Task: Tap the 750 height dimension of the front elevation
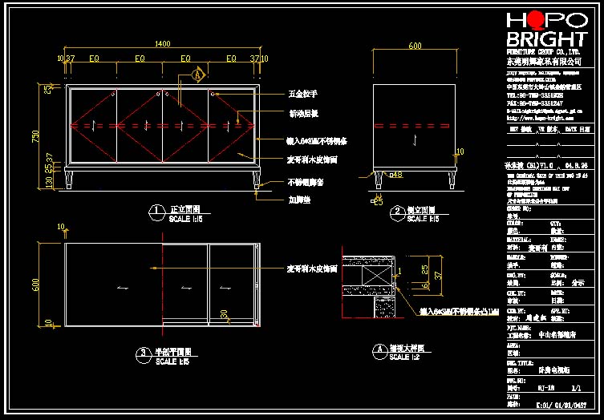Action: click(x=34, y=136)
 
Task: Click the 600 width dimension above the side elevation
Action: click(x=415, y=46)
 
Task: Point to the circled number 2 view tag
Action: click(x=397, y=212)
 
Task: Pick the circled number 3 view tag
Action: click(x=141, y=352)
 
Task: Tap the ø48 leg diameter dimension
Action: click(x=395, y=174)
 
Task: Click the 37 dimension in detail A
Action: click(x=438, y=274)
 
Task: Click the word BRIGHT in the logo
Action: click(x=545, y=39)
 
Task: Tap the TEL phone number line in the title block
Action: click(x=534, y=94)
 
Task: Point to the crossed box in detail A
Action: click(x=371, y=274)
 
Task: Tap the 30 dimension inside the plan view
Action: click(x=224, y=313)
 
